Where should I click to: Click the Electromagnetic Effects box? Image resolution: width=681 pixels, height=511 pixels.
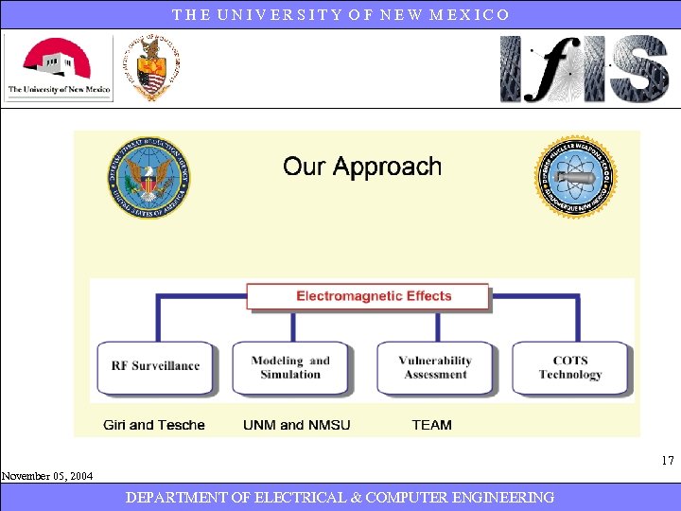coord(368,296)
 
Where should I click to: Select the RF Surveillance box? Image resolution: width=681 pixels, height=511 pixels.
coord(156,366)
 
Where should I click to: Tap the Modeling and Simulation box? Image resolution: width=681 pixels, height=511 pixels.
coord(290,367)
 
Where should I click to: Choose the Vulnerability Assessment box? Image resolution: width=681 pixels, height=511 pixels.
coord(435,367)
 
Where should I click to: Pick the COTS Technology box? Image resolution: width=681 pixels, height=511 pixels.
coord(570,367)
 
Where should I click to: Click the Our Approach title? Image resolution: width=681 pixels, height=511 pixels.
coord(362,167)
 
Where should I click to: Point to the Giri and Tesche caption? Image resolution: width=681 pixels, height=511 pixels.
coord(154,425)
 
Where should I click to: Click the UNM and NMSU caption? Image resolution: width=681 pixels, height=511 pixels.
coord(296,425)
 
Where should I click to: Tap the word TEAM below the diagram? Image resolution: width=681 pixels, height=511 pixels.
coord(431,425)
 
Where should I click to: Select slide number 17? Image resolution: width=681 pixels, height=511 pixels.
coord(668,461)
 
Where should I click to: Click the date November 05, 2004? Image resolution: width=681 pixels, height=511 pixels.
coord(47,476)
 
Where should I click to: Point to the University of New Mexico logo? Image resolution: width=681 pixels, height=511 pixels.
coord(59,68)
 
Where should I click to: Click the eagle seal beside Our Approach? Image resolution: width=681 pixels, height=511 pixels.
coord(148,178)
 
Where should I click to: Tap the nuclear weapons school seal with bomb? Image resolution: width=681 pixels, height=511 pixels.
coord(575,178)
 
